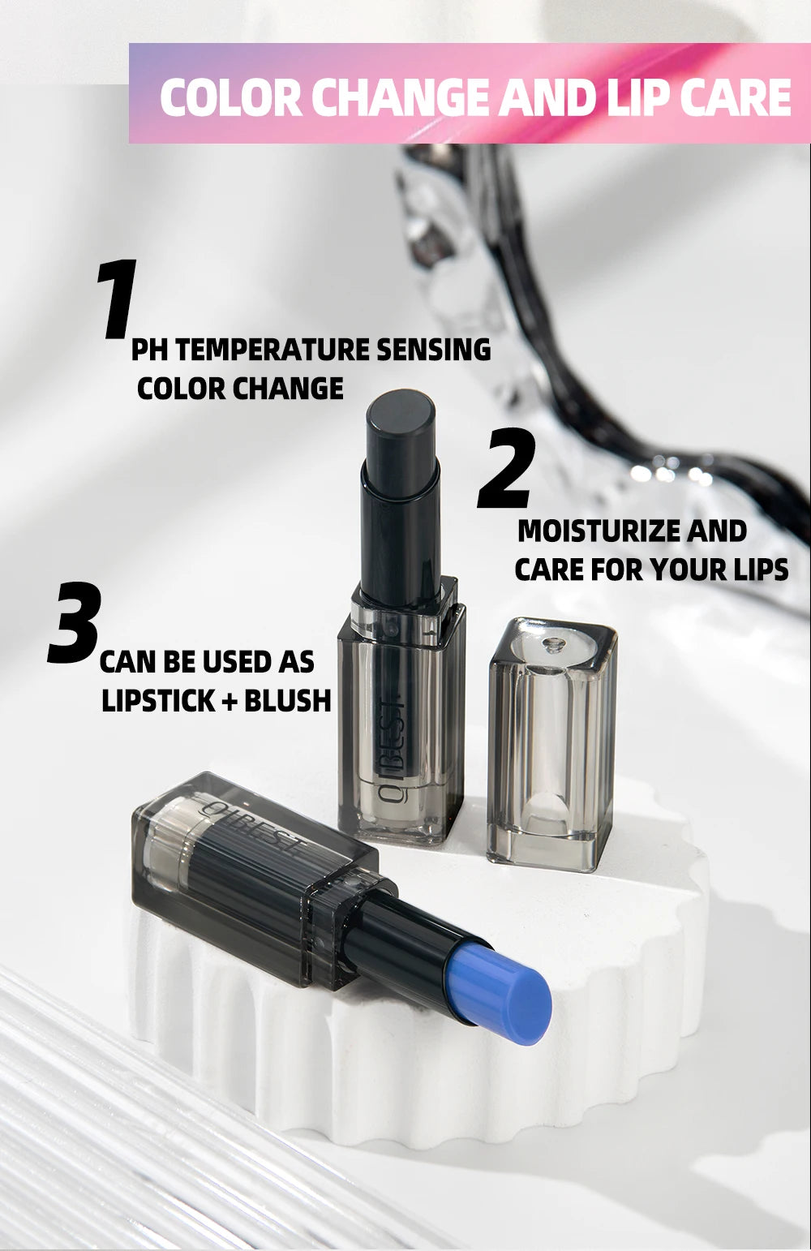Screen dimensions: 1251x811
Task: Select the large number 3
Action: (75, 623)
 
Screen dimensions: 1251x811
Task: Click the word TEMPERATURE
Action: (261, 350)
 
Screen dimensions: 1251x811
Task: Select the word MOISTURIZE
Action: (599, 531)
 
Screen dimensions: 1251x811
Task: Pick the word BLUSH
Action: (287, 701)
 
